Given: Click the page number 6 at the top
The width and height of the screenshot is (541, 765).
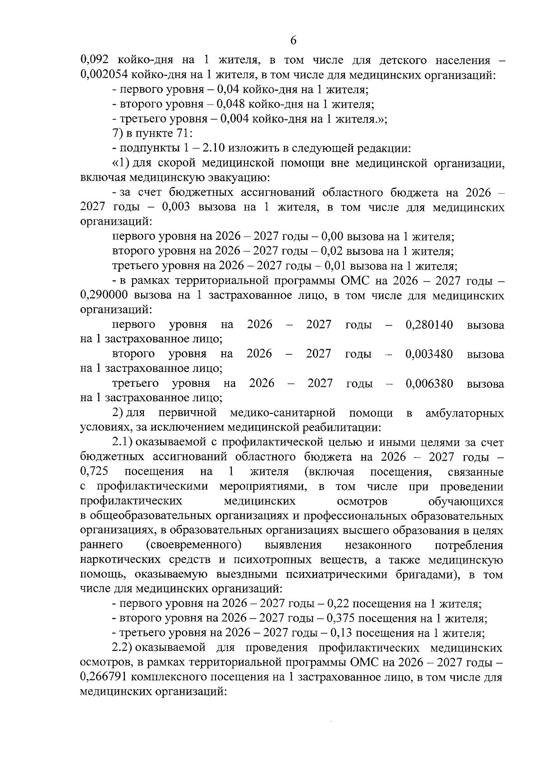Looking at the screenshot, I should point(293,41).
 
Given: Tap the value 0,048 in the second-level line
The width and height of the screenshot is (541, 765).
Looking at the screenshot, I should point(231,105).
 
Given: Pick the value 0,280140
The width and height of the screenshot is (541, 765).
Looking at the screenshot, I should point(429,325).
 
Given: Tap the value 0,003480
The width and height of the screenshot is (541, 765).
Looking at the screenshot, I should point(429,354).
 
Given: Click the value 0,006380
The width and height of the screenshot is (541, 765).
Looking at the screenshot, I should point(429,384).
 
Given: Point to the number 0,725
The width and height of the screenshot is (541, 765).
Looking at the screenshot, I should point(94,472).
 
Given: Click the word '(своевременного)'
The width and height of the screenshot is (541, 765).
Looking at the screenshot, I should point(194,545).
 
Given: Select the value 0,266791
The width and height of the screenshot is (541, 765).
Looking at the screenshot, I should point(103,677).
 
